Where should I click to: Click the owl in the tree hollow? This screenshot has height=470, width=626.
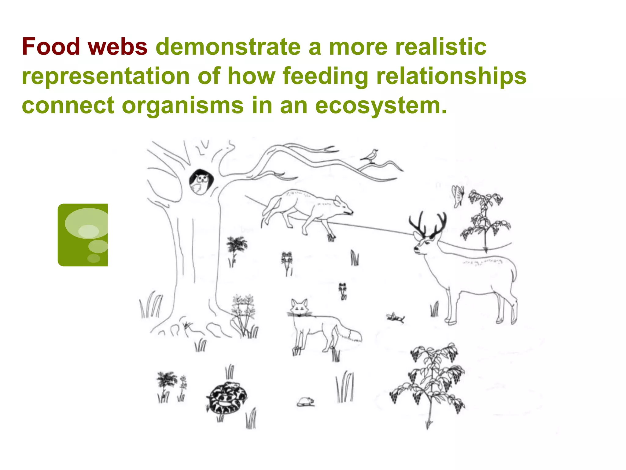[200, 182]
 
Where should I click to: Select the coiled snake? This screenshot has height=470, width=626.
[226, 398]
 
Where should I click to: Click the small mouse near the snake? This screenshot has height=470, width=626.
[306, 402]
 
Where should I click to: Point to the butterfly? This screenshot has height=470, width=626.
[458, 196]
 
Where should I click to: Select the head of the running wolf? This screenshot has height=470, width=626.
[344, 207]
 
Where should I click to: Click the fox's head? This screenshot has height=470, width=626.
[299, 308]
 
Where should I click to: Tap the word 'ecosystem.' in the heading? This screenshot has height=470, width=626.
[381, 105]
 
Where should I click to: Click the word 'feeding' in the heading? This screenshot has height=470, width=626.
[326, 76]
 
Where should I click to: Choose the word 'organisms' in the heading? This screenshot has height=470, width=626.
[182, 105]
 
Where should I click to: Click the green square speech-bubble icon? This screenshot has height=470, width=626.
[83, 235]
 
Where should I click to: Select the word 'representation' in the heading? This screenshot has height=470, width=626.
[106, 76]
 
